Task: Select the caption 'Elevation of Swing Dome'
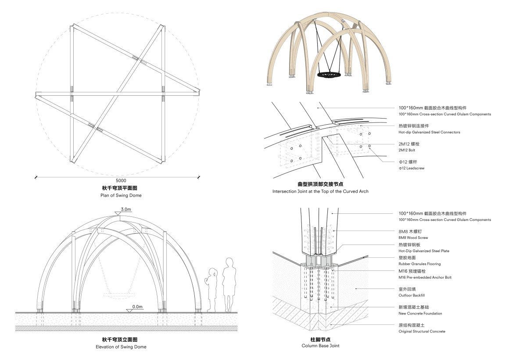tap(121, 347)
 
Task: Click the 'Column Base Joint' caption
tap(320, 346)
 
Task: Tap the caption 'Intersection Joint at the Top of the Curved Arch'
tap(320, 191)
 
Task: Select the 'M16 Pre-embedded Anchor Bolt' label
tap(425, 277)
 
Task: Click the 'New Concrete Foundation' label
tap(420, 313)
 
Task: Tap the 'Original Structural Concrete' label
tap(422, 331)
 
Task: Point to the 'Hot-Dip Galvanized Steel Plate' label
tap(423, 251)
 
